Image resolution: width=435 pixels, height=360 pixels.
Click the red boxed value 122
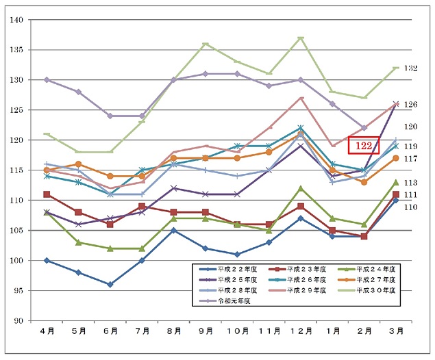[364, 145]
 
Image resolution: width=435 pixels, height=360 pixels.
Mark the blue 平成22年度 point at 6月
[110, 284]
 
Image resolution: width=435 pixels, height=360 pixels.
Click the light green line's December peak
[301, 38]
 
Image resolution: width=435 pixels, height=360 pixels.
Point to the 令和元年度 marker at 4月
[47, 80]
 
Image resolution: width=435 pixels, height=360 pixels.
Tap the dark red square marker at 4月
[47, 194]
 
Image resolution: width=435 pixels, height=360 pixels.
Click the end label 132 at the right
[411, 68]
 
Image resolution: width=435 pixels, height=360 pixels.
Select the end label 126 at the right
[411, 105]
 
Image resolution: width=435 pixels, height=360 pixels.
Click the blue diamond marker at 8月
[174, 230]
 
